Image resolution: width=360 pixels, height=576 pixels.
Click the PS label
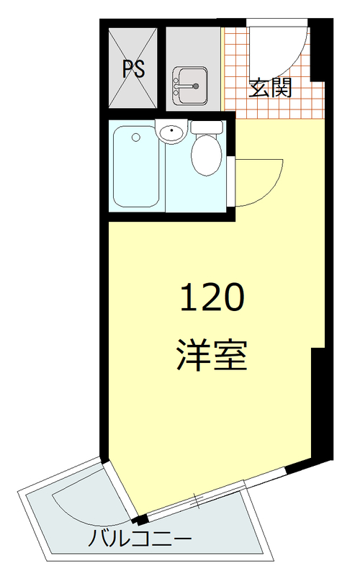click(x=133, y=70)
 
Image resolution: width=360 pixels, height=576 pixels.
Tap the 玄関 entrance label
click(x=271, y=89)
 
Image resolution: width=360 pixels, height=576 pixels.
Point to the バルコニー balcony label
click(x=141, y=539)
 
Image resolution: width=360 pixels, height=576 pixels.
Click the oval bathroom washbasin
click(x=172, y=132)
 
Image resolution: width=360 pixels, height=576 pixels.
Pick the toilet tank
click(x=207, y=127)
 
